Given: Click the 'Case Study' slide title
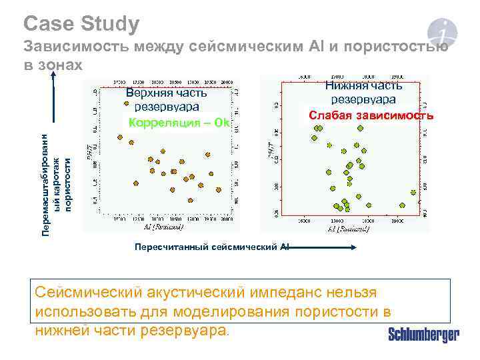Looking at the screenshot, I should click(81, 24).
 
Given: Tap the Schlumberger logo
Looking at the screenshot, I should click(423, 335).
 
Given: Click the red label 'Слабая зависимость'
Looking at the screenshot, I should click(371, 115).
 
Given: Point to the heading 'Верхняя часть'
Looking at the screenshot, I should click(171, 93).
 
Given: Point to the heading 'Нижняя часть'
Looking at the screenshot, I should click(363, 85).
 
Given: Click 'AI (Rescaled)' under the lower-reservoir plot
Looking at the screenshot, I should click(349, 229).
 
